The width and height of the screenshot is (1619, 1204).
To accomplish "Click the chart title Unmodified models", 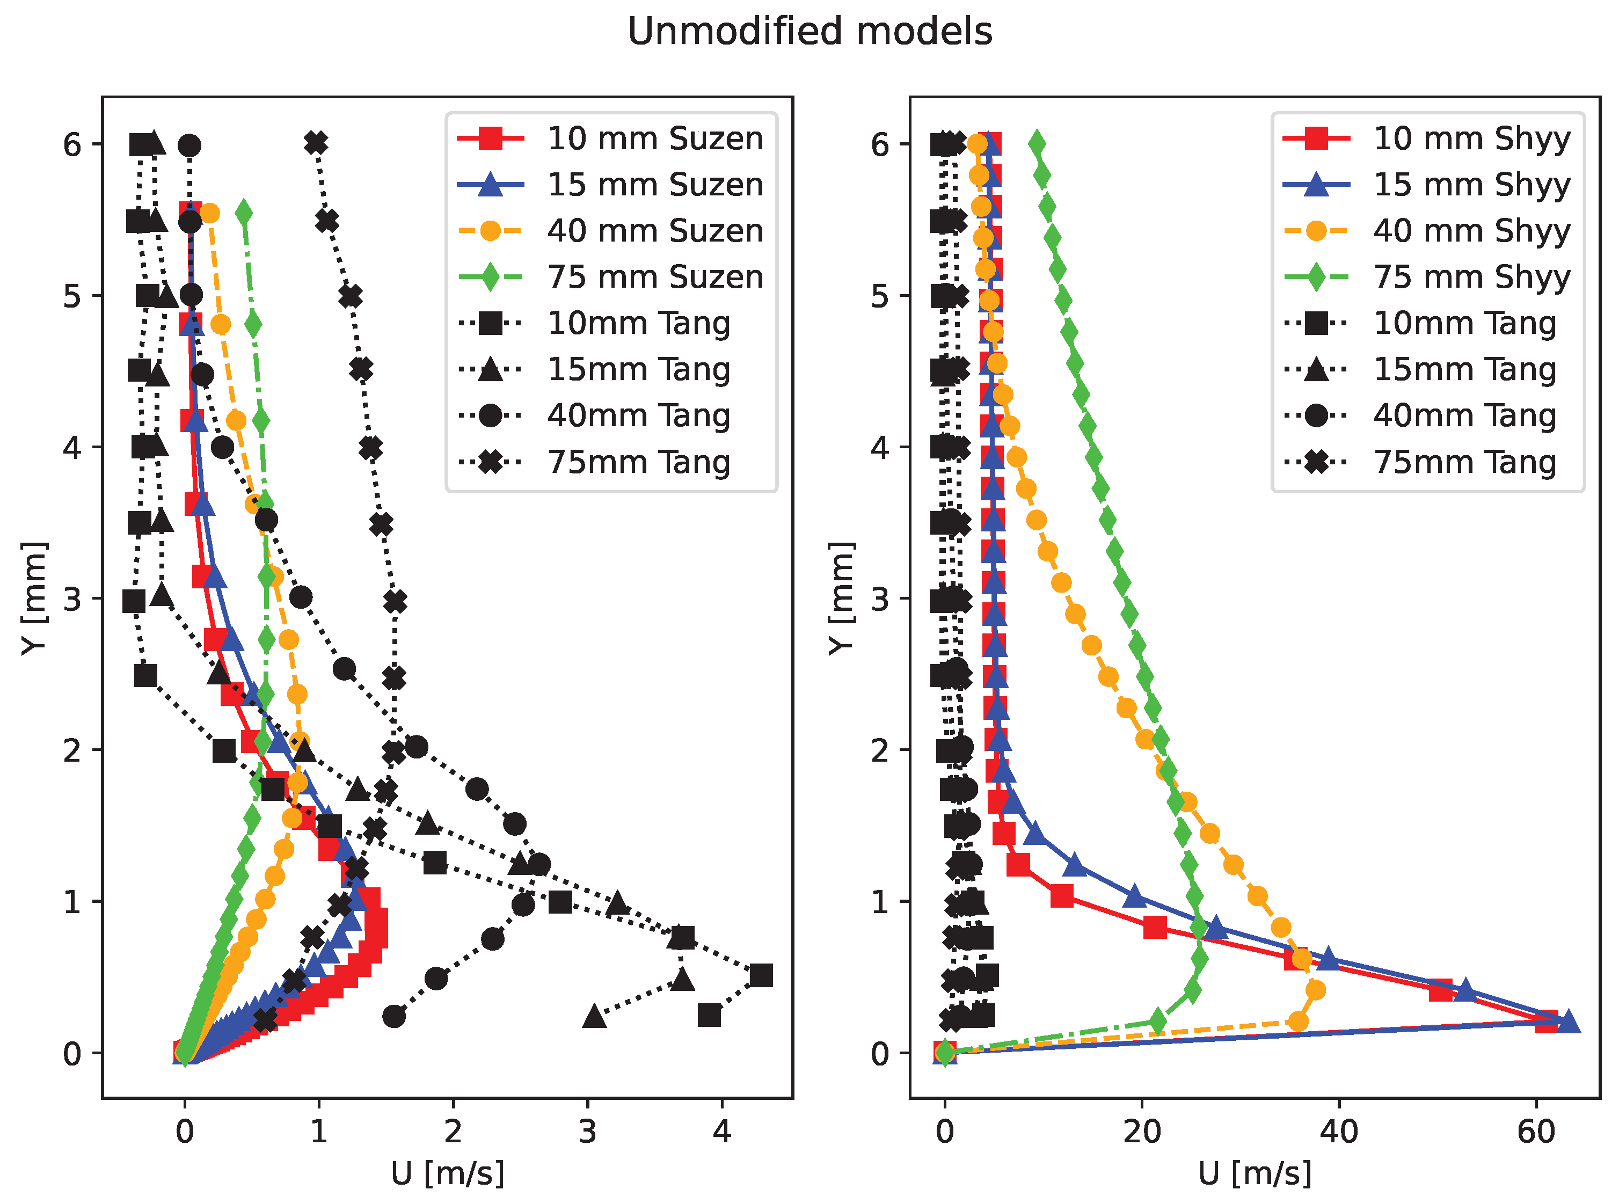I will pos(809,31).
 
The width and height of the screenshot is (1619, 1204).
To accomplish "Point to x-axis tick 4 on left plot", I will pos(721,1132).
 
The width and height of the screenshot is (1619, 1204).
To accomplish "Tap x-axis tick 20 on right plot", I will pos(1142,1132).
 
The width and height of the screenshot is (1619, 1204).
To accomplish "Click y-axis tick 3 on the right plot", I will pos(880,599).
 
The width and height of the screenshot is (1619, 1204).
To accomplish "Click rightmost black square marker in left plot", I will pos(760,975).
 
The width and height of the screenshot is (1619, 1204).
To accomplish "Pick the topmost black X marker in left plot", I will pos(316,143).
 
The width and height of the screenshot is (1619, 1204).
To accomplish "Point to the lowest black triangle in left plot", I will pos(595,1015).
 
